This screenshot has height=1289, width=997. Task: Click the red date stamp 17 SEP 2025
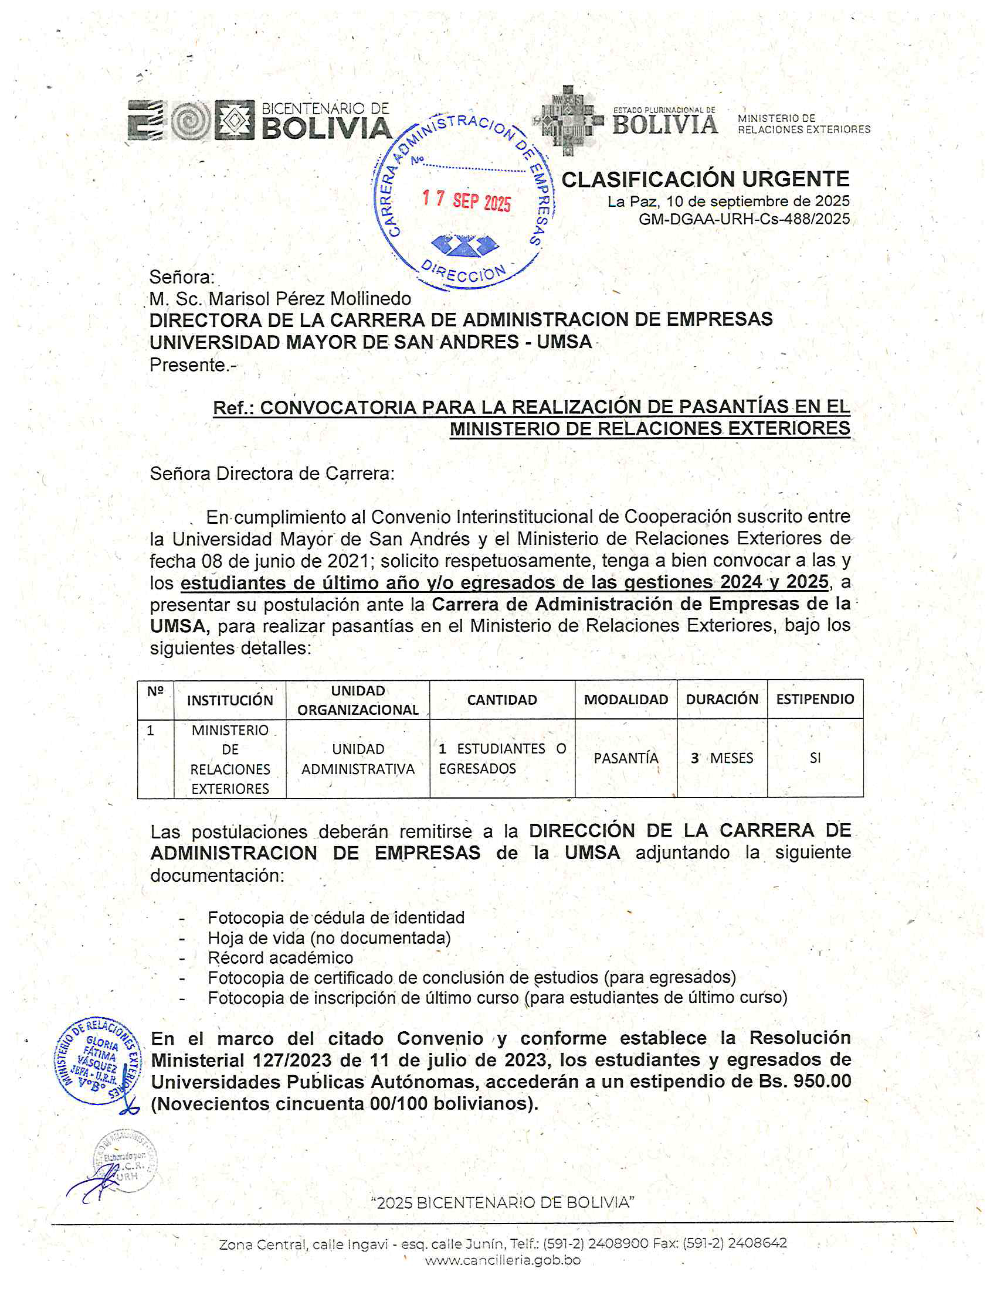pos(466,200)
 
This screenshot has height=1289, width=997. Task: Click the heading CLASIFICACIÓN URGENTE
pos(705,179)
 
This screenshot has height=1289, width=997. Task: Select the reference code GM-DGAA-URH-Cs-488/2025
pos(744,220)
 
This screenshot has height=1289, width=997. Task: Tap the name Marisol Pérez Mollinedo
pos(310,299)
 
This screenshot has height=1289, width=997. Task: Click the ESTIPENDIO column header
pos(815,700)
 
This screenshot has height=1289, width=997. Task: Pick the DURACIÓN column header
pos(721,700)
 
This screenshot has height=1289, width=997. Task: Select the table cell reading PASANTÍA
pos(626,758)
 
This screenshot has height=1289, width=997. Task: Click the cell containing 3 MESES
pos(722,758)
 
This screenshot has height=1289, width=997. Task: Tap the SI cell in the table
pos(815,758)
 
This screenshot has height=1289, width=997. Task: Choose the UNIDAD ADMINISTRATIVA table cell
pos(358,759)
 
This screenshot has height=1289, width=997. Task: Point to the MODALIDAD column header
pos(626,700)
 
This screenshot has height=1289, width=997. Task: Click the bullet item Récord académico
pos(280,957)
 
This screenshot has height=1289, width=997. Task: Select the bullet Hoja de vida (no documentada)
pos(329,938)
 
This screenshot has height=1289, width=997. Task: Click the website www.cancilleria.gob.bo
pos(503,1260)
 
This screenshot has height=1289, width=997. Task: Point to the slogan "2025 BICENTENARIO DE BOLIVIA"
pos(503,1202)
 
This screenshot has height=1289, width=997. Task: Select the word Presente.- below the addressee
pos(192,366)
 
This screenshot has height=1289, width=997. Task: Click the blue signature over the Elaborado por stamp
pos(94,1185)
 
